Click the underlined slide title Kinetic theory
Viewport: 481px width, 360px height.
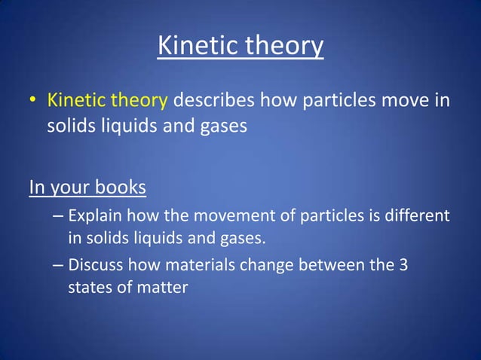pos(240,47)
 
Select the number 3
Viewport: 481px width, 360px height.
pos(404,264)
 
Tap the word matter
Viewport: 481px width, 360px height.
pos(161,286)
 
